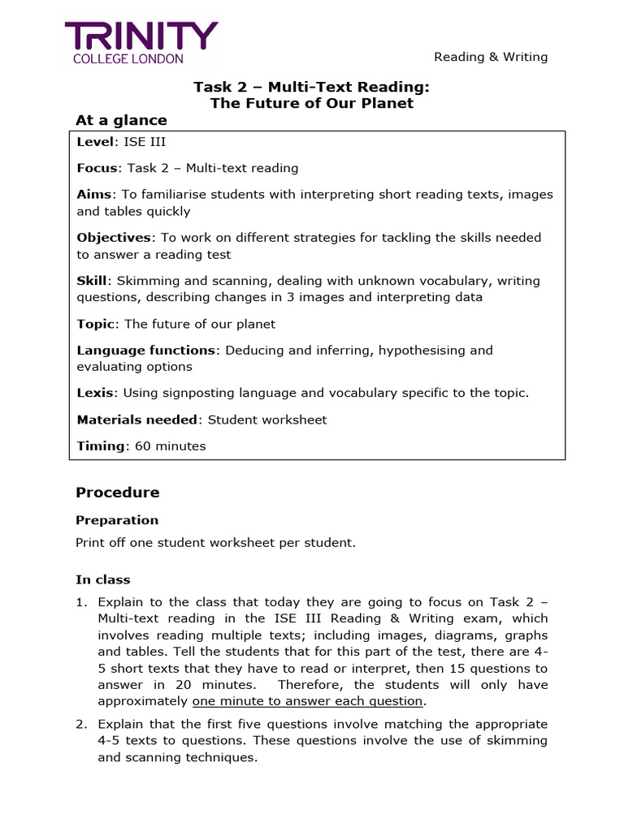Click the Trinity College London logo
(141, 43)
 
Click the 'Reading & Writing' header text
(491, 57)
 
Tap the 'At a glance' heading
(121, 120)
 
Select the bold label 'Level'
(96, 142)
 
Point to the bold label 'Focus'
(97, 168)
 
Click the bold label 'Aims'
(94, 195)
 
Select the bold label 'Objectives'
(114, 238)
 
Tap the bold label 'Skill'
(91, 281)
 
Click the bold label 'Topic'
(96, 324)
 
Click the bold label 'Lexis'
(94, 393)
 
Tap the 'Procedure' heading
(118, 493)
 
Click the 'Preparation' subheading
(117, 520)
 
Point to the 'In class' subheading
(103, 579)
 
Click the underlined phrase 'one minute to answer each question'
(307, 701)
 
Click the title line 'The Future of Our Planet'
(312, 103)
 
